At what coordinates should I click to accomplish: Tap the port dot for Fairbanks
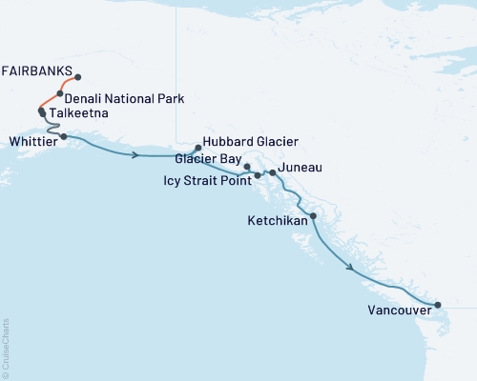[77, 77]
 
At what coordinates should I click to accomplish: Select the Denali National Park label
[125, 98]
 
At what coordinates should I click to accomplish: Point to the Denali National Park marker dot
[60, 94]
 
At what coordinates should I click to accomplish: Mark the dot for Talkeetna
[41, 112]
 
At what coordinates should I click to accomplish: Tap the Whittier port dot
[64, 137]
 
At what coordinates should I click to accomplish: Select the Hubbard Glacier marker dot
[197, 148]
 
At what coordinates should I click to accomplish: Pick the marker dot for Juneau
[273, 172]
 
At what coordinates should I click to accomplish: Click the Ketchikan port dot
[313, 216]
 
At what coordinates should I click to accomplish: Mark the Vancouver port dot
[438, 306]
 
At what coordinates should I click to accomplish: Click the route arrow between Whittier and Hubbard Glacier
[141, 154]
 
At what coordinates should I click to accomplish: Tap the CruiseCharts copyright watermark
[6, 347]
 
